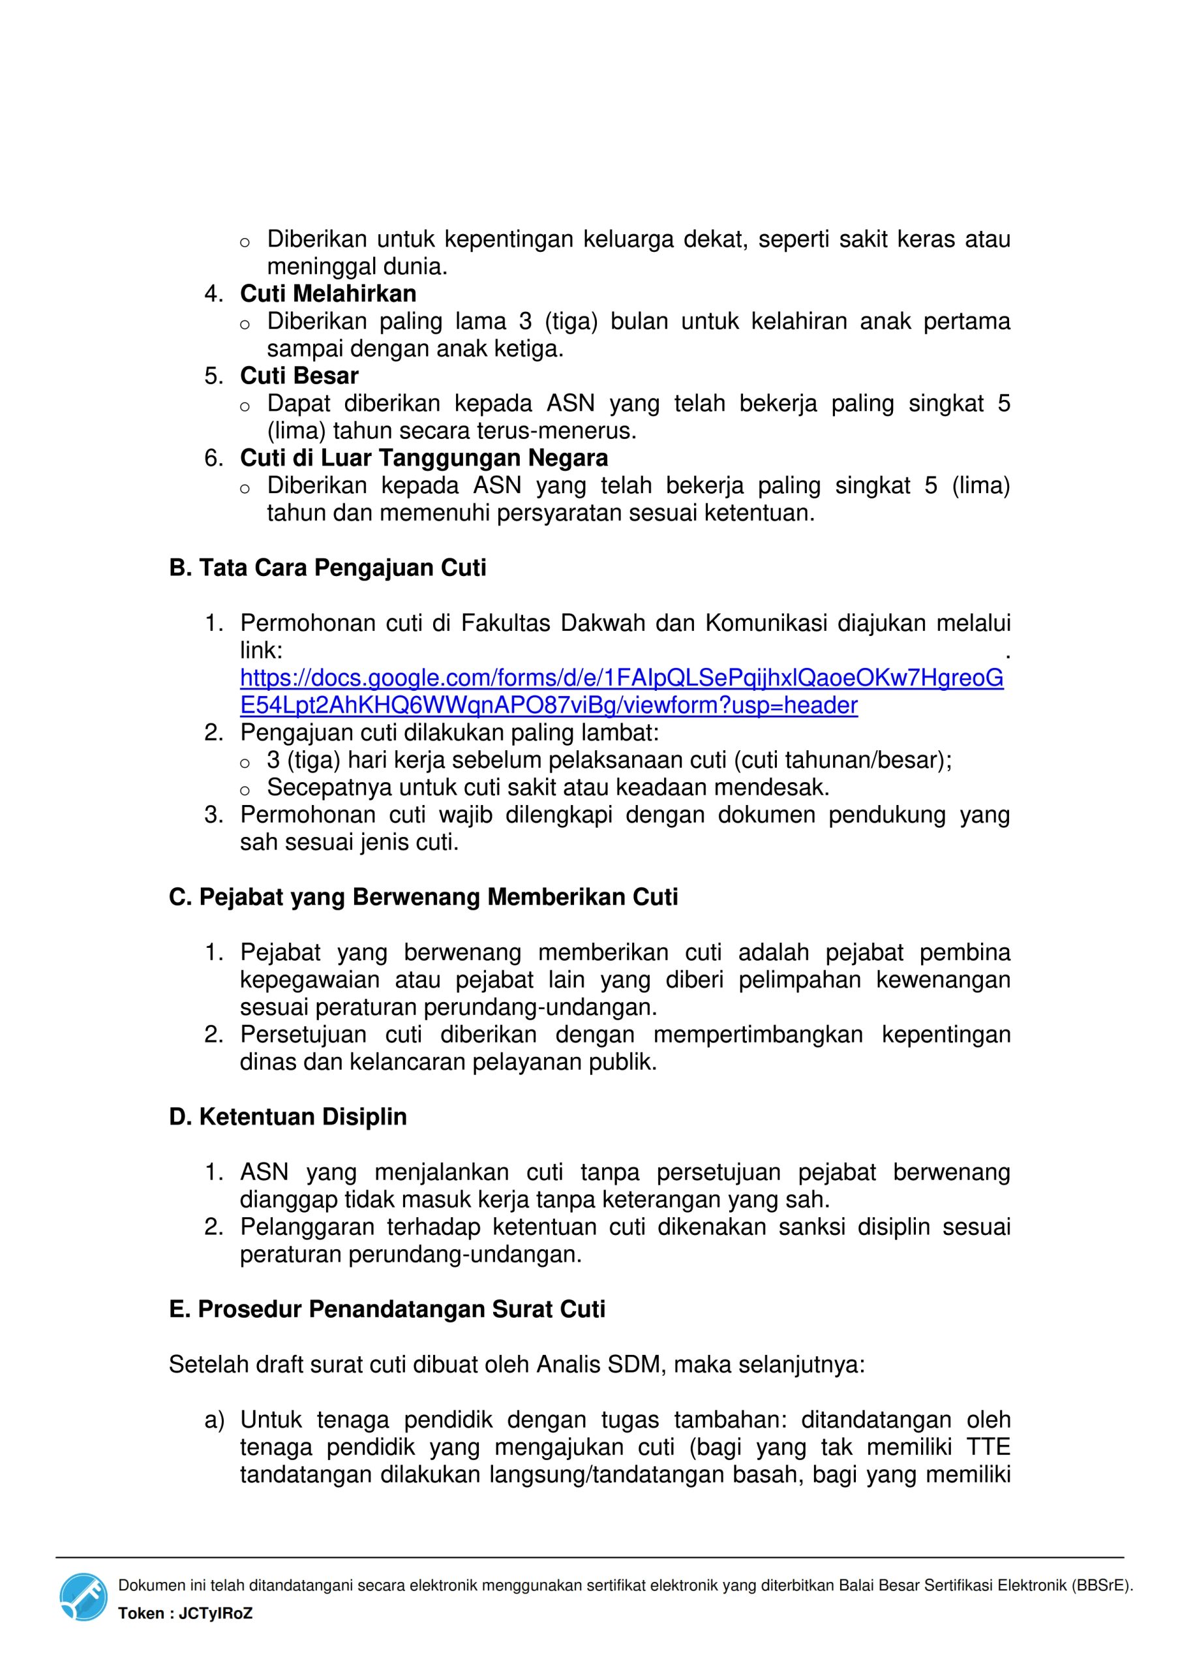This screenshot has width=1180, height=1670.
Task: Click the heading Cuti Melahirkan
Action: click(328, 294)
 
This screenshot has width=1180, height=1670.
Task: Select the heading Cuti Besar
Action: click(299, 376)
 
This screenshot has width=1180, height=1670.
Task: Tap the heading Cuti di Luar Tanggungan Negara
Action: click(424, 458)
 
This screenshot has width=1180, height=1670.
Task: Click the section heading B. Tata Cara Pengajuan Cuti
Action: click(327, 568)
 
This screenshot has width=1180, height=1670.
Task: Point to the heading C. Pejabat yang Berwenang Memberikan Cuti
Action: click(423, 898)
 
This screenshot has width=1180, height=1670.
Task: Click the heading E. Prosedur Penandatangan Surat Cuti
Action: click(386, 1309)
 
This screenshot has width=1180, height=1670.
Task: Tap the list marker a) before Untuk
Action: click(214, 1419)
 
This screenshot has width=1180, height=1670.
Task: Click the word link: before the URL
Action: click(261, 650)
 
